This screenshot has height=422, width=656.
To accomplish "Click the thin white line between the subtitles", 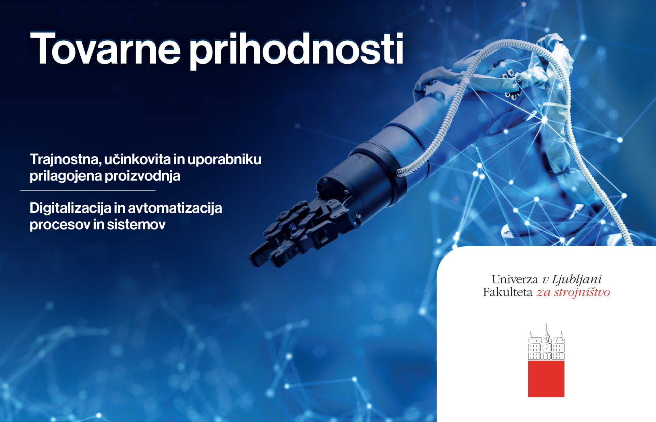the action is click(88, 190).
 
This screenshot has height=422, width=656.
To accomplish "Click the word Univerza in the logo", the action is click(515, 280).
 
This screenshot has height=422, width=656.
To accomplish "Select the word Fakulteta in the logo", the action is click(508, 292).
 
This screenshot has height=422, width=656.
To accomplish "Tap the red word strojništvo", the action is click(582, 292).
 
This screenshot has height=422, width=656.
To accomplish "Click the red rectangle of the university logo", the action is click(546, 379).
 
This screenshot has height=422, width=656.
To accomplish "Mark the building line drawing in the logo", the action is click(546, 342).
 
